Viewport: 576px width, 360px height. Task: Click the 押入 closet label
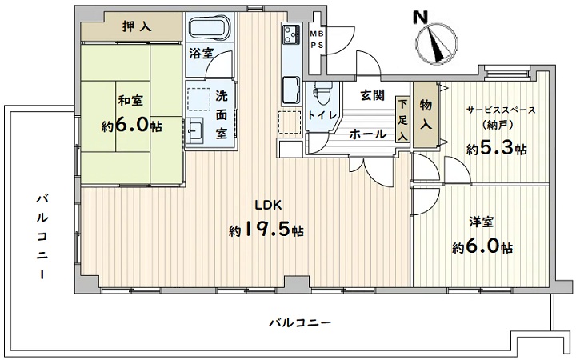point(137,26)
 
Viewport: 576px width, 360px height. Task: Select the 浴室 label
point(202,54)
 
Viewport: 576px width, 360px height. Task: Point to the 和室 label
point(130,101)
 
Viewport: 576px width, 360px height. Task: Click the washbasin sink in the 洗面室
point(194,130)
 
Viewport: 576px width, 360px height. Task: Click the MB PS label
point(316,40)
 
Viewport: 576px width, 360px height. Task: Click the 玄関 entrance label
point(373,95)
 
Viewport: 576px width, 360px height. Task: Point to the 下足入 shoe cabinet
point(402,120)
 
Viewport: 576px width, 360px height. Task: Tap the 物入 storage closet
point(426,114)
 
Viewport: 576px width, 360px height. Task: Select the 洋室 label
point(481,222)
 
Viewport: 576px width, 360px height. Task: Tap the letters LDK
point(269,205)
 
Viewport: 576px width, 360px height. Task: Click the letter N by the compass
point(421,18)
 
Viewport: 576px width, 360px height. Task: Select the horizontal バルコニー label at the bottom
point(301,323)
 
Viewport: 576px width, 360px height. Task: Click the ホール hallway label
point(368,134)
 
